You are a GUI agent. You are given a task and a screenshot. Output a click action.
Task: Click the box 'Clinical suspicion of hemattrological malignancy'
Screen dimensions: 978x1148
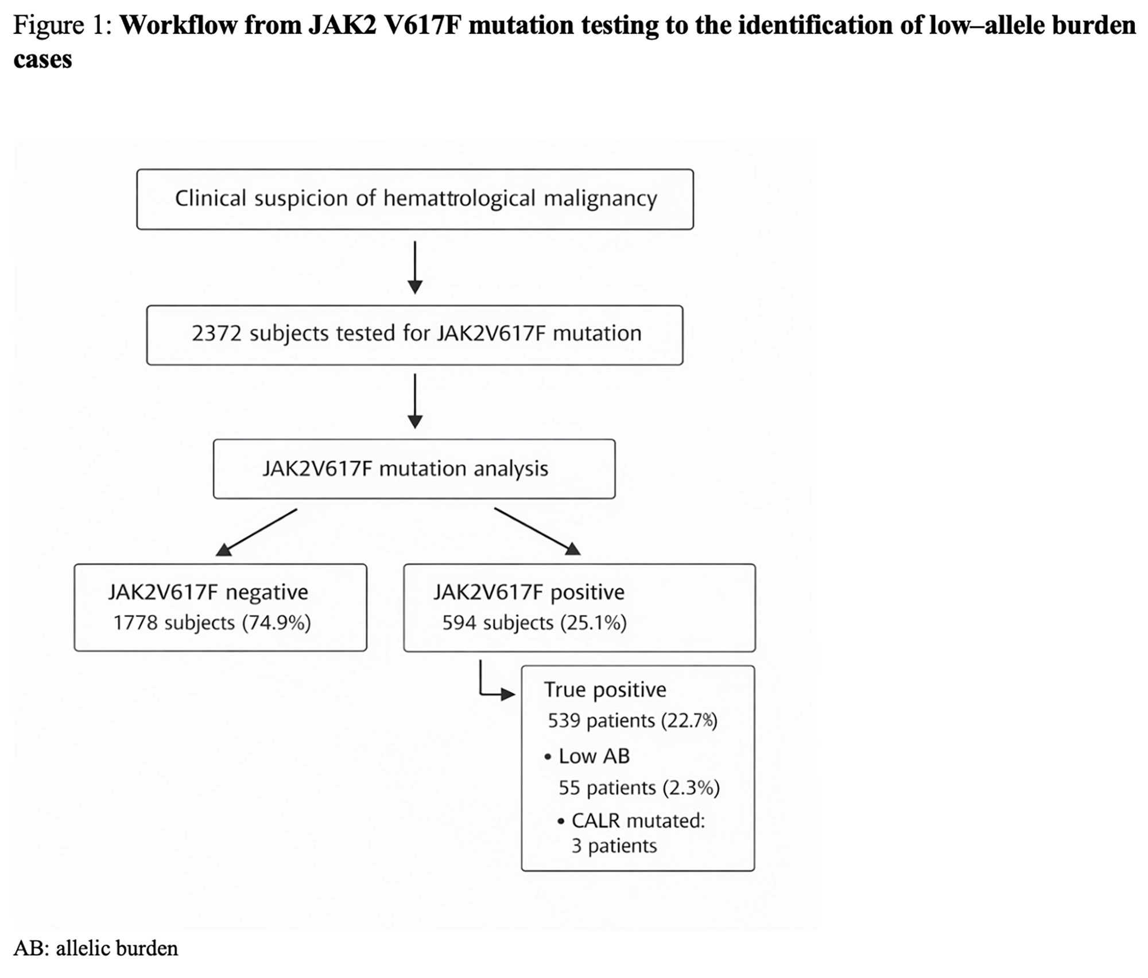(x=414, y=199)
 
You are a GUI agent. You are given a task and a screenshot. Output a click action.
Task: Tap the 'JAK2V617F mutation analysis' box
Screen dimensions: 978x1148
(x=414, y=469)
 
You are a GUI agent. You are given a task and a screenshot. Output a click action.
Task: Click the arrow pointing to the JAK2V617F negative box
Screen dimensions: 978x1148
(x=256, y=532)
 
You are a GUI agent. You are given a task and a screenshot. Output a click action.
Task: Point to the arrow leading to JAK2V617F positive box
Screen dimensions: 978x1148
(x=537, y=531)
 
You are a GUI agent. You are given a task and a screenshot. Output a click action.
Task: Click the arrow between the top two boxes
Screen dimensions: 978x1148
(x=414, y=267)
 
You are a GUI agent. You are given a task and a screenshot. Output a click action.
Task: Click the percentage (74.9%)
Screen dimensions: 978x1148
(x=277, y=622)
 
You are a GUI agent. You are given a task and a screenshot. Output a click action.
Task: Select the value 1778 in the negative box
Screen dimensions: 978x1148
(x=135, y=622)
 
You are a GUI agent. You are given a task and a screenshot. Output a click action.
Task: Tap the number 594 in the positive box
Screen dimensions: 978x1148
(x=459, y=622)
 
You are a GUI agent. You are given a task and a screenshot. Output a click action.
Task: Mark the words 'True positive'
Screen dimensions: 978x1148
(x=605, y=689)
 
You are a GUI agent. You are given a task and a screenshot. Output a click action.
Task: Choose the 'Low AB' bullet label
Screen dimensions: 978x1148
(x=594, y=756)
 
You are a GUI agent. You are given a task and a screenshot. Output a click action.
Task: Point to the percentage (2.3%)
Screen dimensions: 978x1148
(x=691, y=788)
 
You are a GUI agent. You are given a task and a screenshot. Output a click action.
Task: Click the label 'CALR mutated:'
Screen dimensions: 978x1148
(x=638, y=821)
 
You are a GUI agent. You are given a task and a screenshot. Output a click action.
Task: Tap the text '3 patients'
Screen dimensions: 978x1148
(x=614, y=846)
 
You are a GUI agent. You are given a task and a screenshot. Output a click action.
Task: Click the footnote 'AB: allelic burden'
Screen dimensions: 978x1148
(x=96, y=948)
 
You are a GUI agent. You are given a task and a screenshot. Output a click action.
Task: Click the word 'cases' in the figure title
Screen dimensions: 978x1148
(x=43, y=59)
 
